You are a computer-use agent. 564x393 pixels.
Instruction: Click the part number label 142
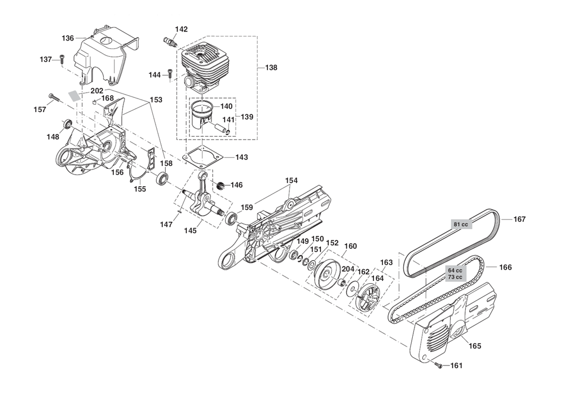click(x=181, y=29)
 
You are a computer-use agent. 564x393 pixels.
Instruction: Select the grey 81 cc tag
click(x=461, y=224)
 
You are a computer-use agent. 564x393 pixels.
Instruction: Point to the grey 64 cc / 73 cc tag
click(x=455, y=274)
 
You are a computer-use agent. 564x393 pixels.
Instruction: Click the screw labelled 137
click(x=62, y=60)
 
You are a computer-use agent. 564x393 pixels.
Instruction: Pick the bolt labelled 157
click(x=52, y=98)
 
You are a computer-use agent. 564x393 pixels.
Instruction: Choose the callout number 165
click(x=475, y=346)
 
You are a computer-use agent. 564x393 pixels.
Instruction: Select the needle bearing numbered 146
click(x=221, y=185)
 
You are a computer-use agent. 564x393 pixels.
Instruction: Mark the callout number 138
click(x=271, y=67)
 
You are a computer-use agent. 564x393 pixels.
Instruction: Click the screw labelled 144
click(x=170, y=75)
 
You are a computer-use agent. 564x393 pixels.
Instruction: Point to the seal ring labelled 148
click(x=67, y=124)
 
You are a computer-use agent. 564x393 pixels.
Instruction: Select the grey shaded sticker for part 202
click(x=74, y=95)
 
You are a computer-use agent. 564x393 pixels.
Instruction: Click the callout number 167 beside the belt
click(x=519, y=219)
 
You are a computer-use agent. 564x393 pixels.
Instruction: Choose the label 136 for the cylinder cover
click(x=68, y=38)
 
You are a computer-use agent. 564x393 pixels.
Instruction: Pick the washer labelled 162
click(x=351, y=290)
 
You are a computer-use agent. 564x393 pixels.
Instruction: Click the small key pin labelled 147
click(x=179, y=212)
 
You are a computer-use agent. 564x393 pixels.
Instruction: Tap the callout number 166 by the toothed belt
click(x=505, y=267)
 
